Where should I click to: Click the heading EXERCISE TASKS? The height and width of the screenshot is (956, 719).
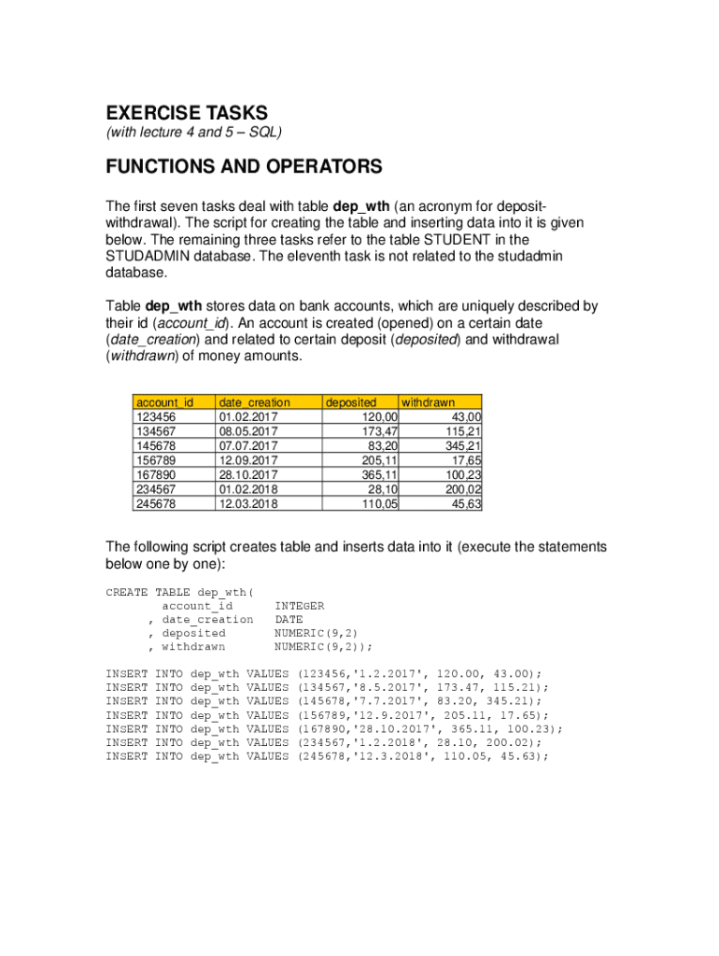(187, 114)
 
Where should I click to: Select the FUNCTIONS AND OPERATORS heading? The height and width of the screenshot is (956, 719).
(244, 167)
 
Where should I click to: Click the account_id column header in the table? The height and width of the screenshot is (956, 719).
(164, 402)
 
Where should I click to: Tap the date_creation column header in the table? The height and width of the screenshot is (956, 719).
(254, 402)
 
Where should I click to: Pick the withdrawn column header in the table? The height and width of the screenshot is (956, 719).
(428, 402)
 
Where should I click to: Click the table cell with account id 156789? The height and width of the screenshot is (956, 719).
(156, 460)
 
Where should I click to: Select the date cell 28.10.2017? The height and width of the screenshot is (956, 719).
(247, 475)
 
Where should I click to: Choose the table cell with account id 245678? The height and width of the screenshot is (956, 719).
(156, 504)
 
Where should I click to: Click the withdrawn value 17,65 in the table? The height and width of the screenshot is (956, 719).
(466, 460)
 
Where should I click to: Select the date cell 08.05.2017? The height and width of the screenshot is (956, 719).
(247, 431)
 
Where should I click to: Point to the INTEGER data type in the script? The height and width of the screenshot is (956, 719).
(299, 606)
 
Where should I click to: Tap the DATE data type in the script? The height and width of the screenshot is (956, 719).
(289, 619)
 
